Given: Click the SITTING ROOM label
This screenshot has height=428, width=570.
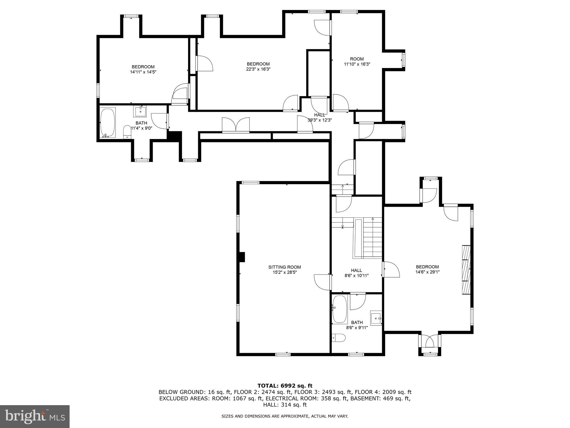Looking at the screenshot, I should click(x=284, y=267).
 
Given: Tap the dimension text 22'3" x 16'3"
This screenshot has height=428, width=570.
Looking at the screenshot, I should click(x=258, y=69).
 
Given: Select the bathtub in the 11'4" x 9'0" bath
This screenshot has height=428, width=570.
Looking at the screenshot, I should click(x=107, y=122).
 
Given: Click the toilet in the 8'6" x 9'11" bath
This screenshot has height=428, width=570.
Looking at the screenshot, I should click(x=339, y=338).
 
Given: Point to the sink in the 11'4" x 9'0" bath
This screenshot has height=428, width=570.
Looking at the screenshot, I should click(x=141, y=111).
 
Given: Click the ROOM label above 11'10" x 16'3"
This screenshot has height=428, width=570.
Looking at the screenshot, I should click(x=357, y=59).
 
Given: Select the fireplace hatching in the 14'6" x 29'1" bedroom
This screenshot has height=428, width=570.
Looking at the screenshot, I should click(x=466, y=269).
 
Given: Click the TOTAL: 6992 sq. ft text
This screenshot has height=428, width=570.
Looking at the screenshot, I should click(x=285, y=386).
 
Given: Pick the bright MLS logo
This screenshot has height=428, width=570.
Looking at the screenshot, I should click(x=35, y=416).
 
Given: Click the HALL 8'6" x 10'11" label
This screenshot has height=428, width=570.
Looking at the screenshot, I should click(x=356, y=273).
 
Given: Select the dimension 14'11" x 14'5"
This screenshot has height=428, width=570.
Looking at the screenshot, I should click(x=143, y=72).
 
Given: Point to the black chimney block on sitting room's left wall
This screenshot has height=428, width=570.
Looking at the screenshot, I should click(x=242, y=257).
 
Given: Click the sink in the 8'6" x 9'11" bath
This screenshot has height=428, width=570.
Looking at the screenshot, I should click(x=376, y=318).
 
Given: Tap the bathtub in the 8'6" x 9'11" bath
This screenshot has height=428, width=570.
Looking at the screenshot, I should click(x=340, y=309).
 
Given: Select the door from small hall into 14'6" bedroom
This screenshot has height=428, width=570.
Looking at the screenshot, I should click(x=391, y=269).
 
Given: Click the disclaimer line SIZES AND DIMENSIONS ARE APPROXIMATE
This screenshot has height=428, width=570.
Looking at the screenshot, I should click(x=285, y=416).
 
